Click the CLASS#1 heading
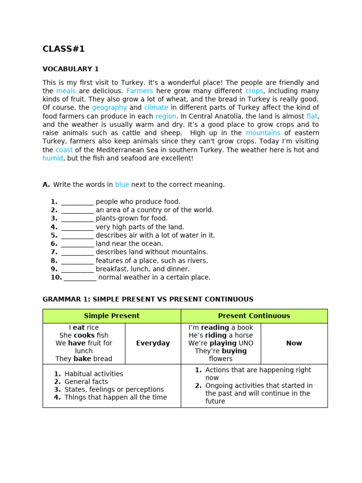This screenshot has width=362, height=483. pos(64,49)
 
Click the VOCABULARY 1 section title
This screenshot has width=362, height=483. pos(71,69)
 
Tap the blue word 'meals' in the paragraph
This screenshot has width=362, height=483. pos(66,91)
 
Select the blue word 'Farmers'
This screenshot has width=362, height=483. pos(140,91)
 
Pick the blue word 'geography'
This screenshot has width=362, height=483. pos(109,108)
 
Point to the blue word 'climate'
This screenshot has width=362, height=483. pos(156,108)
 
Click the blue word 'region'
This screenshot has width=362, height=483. pos(166,116)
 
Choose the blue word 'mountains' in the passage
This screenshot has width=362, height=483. pos(263,133)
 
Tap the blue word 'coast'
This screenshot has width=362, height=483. pos(64,150)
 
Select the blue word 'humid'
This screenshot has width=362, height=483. pos(53,158)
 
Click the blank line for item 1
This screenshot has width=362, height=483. pos(77,202)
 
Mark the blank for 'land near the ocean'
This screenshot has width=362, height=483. pos(77,244)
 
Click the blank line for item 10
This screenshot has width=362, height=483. pos(80,278)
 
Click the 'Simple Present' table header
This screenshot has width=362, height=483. pos(112,316)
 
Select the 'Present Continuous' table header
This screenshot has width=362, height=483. pos(254,316)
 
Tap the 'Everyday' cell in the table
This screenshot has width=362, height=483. pos(153,343)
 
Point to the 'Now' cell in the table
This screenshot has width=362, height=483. pos(294,343)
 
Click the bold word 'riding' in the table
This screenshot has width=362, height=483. pos(215,335)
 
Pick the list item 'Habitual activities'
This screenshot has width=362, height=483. pos(94,374)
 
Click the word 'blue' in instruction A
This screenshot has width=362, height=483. pos(122,185)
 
